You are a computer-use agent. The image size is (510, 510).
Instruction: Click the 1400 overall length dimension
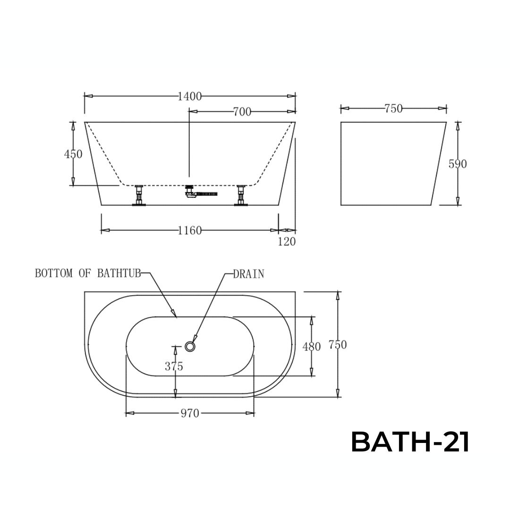pos(189,96)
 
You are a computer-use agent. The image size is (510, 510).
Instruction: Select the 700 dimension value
pos(242,112)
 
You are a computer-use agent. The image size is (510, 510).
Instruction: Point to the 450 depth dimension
pos(73,154)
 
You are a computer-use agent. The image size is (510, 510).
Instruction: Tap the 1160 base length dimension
pos(189,230)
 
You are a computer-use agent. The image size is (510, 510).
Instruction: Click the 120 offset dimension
pos(287,241)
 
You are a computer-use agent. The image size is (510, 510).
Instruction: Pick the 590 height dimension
pos(457,164)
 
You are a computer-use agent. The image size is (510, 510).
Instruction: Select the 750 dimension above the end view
pos(393,109)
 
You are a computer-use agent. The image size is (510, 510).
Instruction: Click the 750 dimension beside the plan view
pos(337,345)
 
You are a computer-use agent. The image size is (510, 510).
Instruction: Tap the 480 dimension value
pos(311,347)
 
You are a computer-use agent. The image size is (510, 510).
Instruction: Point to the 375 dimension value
pos(174,366)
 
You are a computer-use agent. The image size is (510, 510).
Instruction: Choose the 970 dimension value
pos(190,414)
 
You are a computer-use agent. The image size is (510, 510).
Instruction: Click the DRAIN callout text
pos(248,274)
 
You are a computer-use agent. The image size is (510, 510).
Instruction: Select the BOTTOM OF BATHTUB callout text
pos(88,273)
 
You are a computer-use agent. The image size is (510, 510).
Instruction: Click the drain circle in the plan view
pos(190,347)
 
